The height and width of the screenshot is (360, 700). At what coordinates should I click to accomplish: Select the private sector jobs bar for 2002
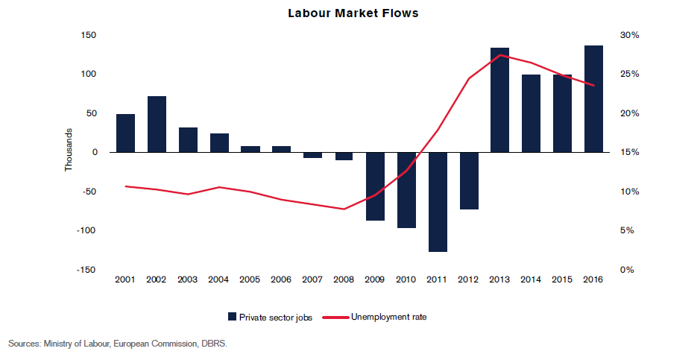coord(157,124)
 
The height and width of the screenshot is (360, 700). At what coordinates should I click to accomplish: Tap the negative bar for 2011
coord(438,201)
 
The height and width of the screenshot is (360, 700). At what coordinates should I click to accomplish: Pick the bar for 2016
coord(593,98)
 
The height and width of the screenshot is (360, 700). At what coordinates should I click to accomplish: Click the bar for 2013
coord(499,100)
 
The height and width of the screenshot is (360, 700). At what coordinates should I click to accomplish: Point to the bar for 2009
coord(375,186)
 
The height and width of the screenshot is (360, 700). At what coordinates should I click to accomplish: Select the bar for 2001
coord(125,133)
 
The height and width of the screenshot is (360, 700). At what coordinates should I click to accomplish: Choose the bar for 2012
coord(469,180)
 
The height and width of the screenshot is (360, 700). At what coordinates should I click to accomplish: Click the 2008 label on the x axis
coord(344,280)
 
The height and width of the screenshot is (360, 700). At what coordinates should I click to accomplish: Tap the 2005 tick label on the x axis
coord(250,280)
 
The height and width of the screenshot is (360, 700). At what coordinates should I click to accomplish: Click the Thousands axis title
coord(69,152)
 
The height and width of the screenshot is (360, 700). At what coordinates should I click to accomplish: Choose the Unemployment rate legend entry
coord(388,317)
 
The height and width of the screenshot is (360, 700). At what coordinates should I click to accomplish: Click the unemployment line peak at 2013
coord(499,55)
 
